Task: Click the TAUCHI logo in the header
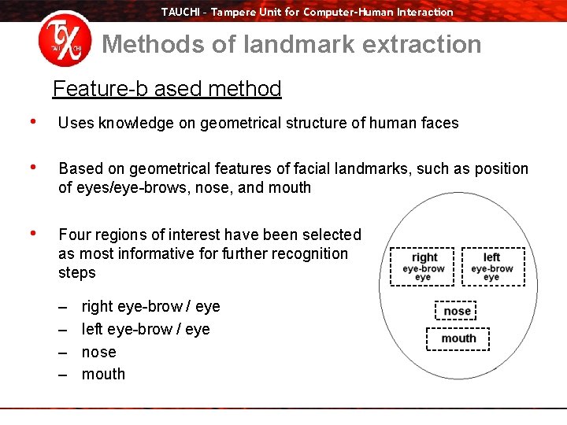pos(65,42)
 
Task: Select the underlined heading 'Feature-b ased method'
pos(167,88)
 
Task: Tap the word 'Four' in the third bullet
pos(75,235)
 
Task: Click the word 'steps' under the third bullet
pos(77,272)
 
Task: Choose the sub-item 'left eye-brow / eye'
pos(146,329)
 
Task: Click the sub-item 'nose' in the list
pos(98,352)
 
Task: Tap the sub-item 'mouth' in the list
pos(103,374)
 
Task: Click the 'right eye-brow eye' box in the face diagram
pos(424,267)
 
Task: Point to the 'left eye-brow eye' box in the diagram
pos(491,267)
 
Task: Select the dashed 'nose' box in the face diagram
pos(457,311)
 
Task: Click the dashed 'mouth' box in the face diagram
pos(458,338)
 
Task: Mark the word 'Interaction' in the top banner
pos(425,11)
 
